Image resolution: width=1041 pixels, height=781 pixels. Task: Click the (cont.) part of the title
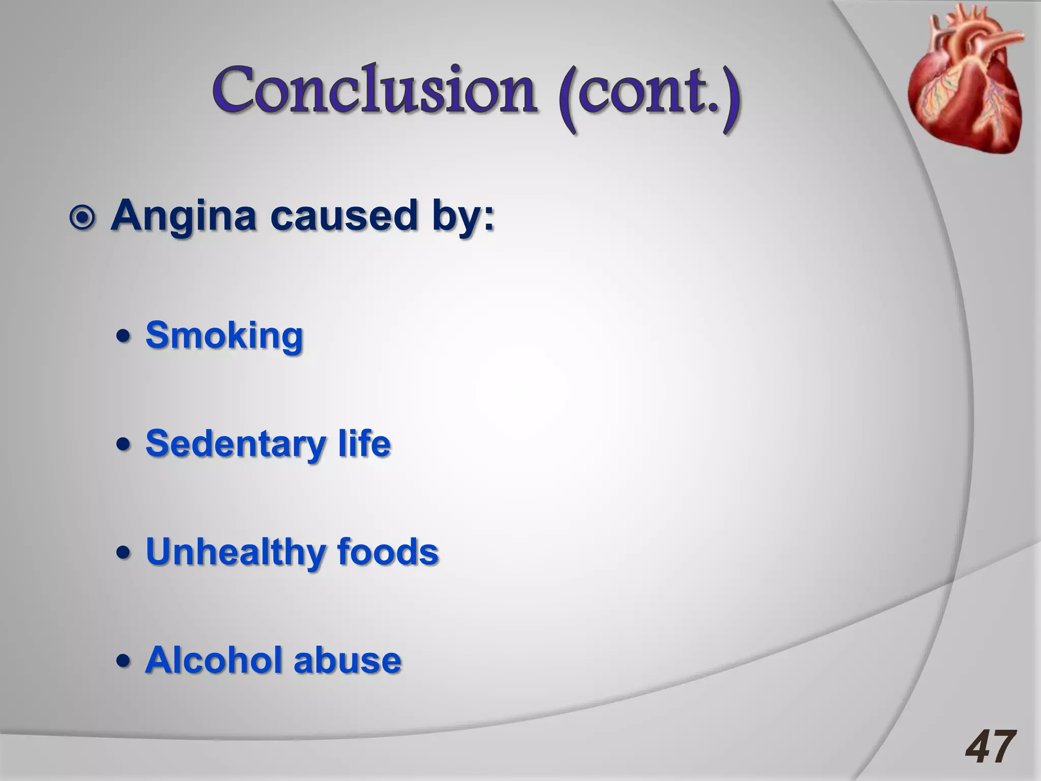[649, 97]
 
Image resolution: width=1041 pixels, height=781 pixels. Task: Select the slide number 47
[991, 747]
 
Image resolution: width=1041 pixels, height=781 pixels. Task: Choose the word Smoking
[224, 336]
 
